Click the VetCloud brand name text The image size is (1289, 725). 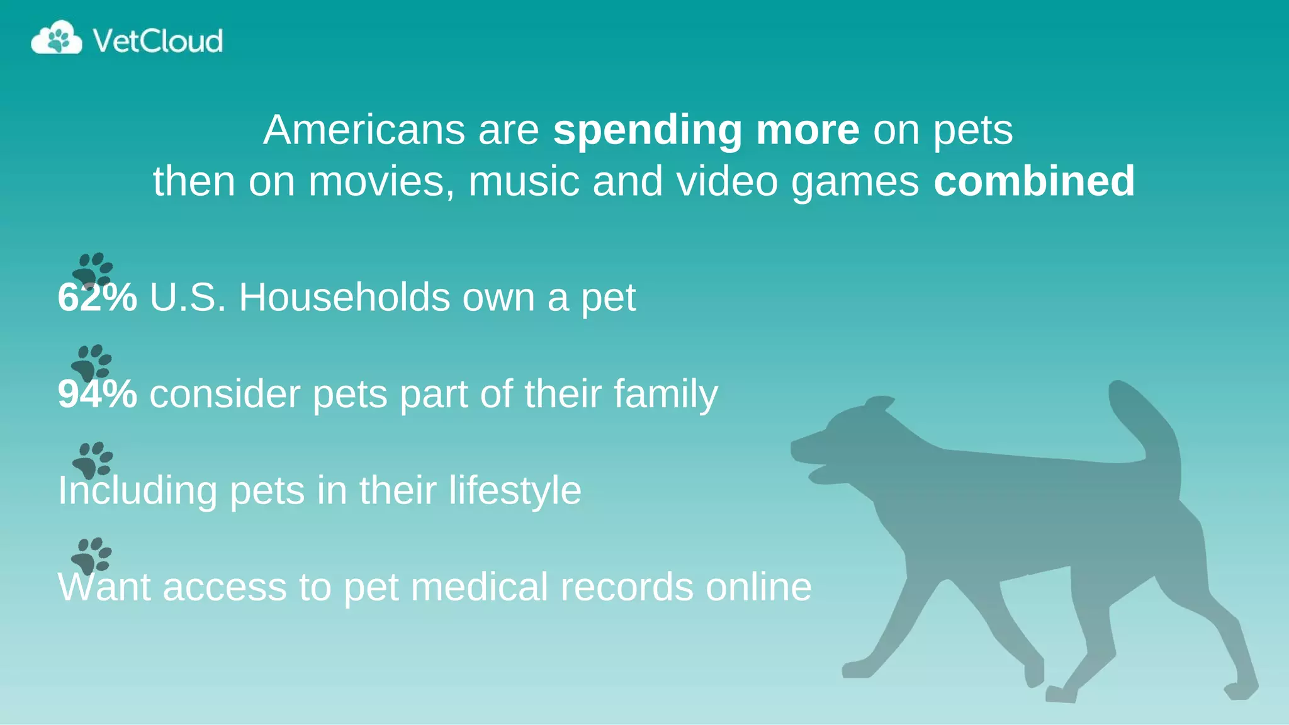pos(157,41)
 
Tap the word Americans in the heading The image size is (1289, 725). pos(364,130)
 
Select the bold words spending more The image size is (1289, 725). pos(706,130)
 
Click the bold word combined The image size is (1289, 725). pos(1034,181)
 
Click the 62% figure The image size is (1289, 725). pos(97,297)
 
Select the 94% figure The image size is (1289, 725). pos(97,394)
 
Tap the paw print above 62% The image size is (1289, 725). pos(93,269)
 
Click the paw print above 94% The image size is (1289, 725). pos(92,361)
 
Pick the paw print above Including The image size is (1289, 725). pos(93,459)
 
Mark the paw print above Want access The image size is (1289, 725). pos(92,554)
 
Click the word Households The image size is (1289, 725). pos(344,297)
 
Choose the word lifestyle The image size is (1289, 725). pos(515,491)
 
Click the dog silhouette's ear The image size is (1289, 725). pos(879,403)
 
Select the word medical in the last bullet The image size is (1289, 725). pos(480,587)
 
